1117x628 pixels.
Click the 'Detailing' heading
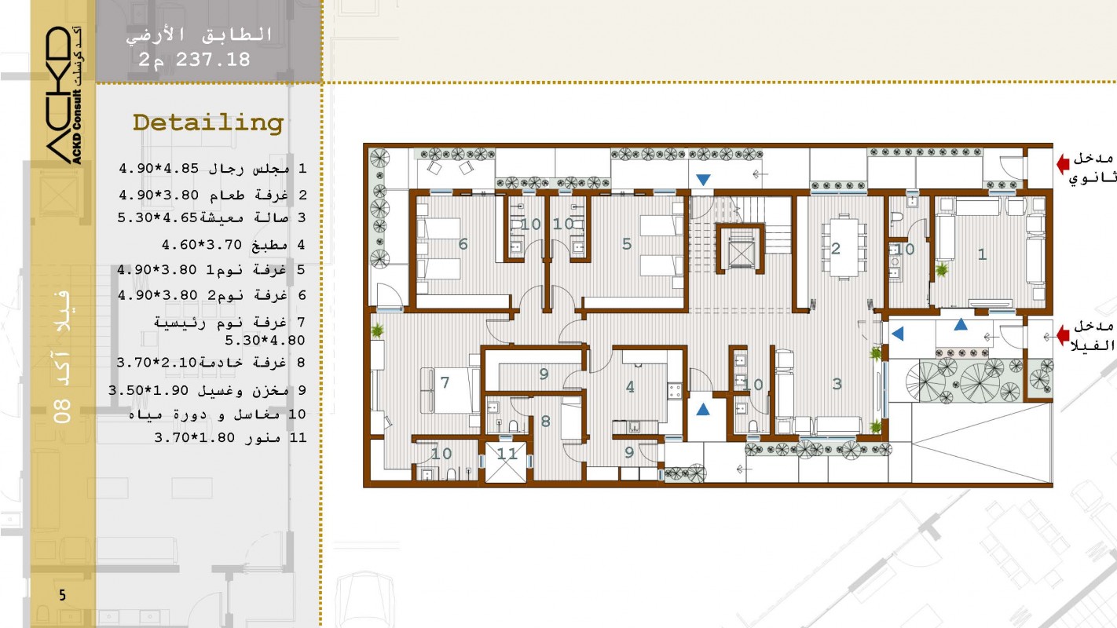(x=208, y=123)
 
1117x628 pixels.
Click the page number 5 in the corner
(x=62, y=594)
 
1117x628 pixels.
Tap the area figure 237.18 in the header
(x=213, y=60)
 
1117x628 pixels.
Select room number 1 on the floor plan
(x=982, y=254)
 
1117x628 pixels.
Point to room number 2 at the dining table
(x=836, y=248)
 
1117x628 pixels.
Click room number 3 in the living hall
(x=837, y=384)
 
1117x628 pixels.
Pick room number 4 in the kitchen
(x=630, y=387)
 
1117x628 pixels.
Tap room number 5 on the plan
(x=627, y=243)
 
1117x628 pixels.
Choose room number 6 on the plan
(x=463, y=243)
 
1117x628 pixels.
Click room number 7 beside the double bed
(x=445, y=382)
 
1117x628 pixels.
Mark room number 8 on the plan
(x=545, y=422)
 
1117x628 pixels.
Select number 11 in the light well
(x=507, y=454)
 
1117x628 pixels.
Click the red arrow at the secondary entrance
(x=1063, y=163)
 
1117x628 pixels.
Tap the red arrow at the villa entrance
(x=1063, y=334)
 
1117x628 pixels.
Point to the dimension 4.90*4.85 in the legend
(x=159, y=168)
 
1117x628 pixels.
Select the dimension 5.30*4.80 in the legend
(x=265, y=341)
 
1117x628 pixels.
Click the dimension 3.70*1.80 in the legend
(x=195, y=437)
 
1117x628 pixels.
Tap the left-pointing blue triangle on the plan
(x=898, y=334)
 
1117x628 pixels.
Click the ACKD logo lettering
(x=58, y=95)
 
